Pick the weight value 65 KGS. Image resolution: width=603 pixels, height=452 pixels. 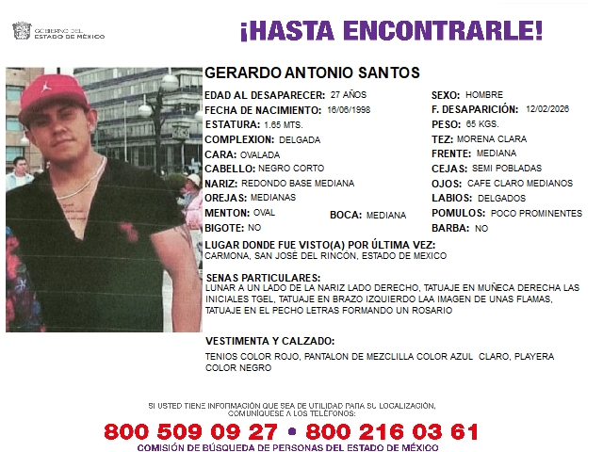click(482, 124)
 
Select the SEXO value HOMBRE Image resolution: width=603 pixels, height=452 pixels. click(485, 95)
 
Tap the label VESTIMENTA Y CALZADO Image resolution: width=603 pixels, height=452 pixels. click(269, 341)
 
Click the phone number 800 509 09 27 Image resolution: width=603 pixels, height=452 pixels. click(190, 431)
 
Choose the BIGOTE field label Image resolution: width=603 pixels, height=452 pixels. click(220, 228)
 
